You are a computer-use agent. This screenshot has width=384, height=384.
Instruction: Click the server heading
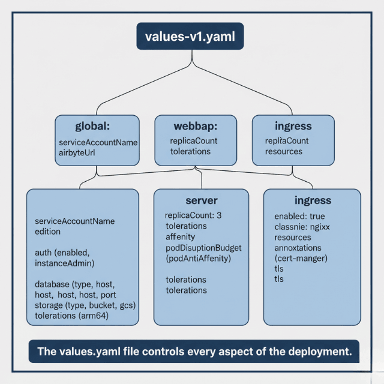tap(201, 200)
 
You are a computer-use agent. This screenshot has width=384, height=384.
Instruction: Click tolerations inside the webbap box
tap(190, 152)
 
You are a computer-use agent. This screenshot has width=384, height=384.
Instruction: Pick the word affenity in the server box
tap(181, 237)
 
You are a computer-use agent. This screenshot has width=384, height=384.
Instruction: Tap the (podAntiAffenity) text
tap(199, 259)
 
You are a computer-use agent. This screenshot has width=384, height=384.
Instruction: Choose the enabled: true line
tap(299, 215)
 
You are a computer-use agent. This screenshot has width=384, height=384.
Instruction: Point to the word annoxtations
tap(298, 248)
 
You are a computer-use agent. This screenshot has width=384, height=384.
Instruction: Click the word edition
tap(47, 231)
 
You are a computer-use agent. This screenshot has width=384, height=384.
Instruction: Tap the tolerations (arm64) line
tap(71, 316)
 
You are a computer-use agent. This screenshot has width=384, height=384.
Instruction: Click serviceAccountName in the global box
tap(98, 143)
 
